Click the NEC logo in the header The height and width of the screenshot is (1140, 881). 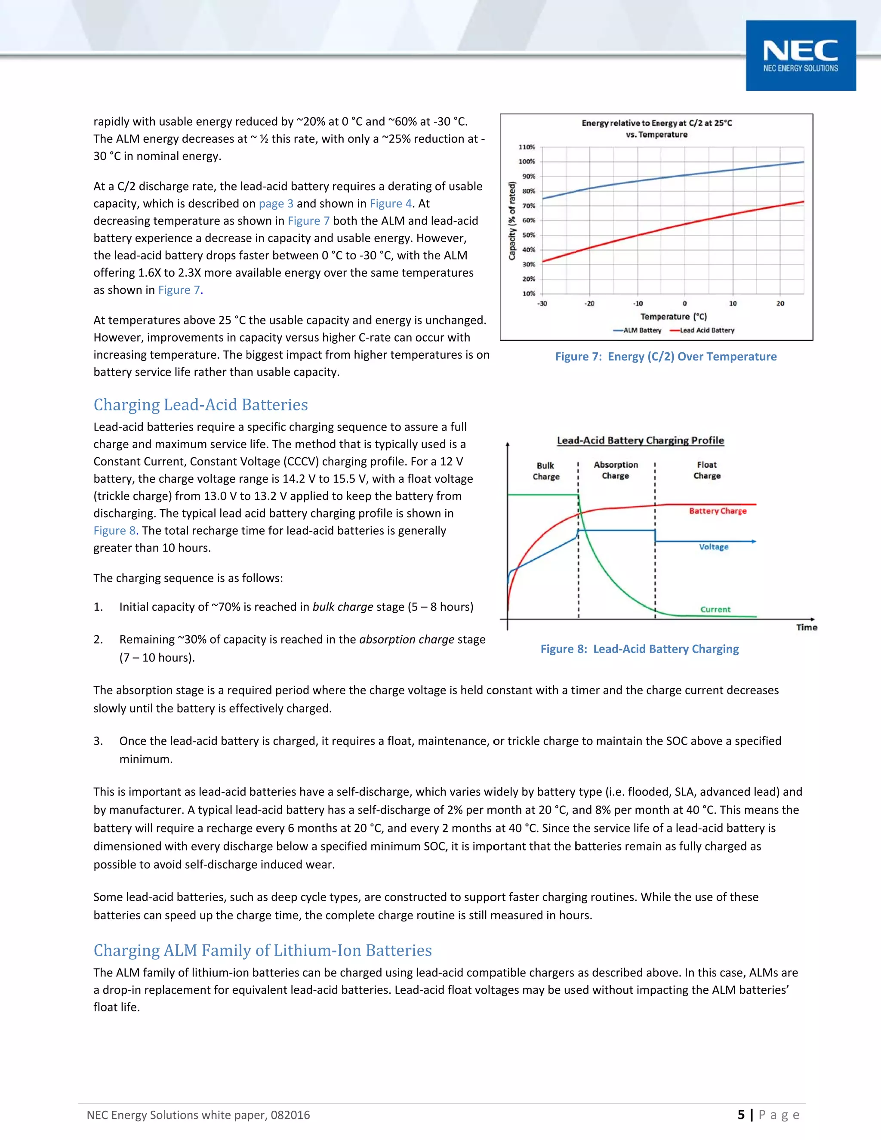(801, 55)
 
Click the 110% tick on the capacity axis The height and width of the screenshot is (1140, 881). (527, 147)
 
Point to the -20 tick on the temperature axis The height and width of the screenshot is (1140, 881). (589, 303)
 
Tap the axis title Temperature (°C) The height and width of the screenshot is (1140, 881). (673, 316)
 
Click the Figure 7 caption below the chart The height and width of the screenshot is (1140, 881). (665, 357)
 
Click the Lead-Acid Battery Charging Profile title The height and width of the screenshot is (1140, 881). (641, 440)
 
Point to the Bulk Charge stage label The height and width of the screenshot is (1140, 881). (546, 471)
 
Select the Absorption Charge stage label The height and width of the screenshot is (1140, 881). (616, 470)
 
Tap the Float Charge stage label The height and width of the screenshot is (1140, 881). (707, 470)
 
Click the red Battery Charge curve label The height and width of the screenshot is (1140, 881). (718, 511)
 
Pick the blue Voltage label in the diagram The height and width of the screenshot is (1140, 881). (714, 547)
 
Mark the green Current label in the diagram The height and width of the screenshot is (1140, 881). (715, 609)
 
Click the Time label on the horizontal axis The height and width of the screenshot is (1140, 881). (807, 627)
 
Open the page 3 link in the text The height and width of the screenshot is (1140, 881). (276, 203)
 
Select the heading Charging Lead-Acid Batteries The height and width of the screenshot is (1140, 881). (200, 404)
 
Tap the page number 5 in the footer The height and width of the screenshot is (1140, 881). (741, 1115)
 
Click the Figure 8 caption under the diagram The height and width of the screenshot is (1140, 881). (639, 649)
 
